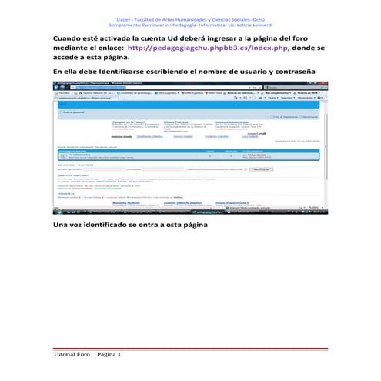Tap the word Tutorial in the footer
click(x=63, y=355)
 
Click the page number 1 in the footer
click(x=119, y=355)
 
